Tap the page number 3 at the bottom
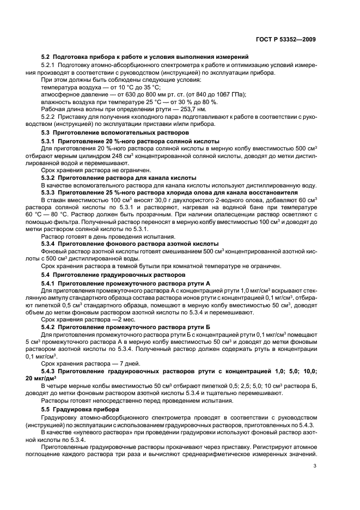point(314,466)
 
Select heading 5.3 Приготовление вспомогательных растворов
point(115,132)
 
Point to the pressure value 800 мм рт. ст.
point(156,94)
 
